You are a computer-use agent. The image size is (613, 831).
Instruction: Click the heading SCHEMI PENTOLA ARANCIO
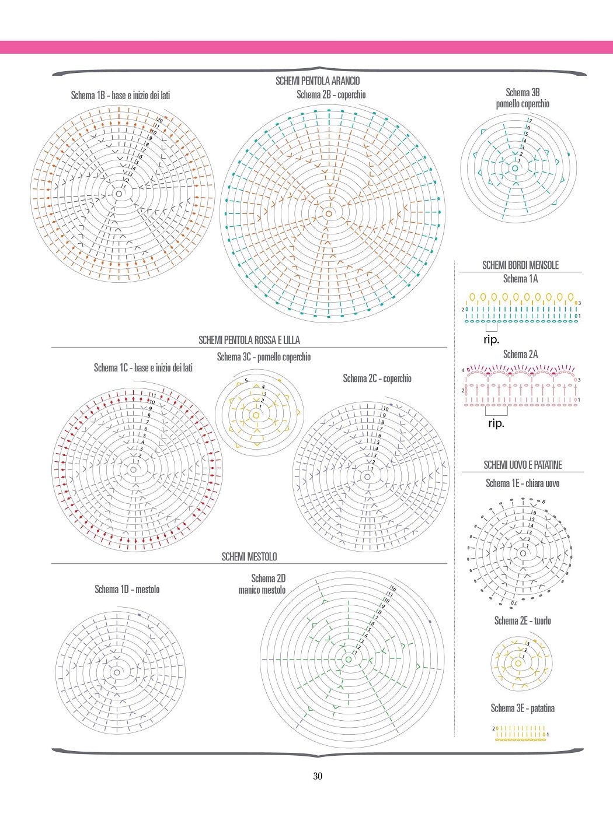coord(318,81)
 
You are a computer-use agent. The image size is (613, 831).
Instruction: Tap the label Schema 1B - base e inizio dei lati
coord(120,95)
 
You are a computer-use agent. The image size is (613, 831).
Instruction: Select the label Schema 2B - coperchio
coord(331,94)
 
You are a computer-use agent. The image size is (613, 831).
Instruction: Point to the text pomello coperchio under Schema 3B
coord(523,104)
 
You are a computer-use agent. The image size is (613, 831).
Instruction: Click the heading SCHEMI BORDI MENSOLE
coord(520,265)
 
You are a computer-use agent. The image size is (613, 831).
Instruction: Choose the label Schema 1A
coord(520,279)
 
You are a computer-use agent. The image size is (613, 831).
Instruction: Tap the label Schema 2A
coord(520,354)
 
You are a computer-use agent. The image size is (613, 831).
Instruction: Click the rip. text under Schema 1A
coord(492,339)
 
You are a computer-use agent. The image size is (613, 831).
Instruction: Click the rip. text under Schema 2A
coord(496,423)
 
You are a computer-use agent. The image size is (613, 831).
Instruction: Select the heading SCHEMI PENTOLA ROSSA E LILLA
coord(249,340)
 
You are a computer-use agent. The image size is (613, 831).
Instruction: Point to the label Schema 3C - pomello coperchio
coord(264,357)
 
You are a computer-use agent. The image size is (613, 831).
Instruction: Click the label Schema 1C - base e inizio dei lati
coord(143,368)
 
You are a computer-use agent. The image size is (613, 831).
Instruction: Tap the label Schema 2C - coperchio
coord(377,378)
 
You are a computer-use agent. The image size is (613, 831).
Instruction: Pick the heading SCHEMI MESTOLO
coord(249,557)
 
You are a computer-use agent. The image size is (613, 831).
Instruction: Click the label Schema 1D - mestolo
coord(127,590)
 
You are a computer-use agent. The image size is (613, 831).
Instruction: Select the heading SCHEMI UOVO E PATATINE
coord(523,465)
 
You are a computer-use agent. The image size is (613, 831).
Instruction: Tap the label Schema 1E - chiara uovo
coord(523,483)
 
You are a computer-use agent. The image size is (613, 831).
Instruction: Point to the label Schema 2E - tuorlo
coord(523,620)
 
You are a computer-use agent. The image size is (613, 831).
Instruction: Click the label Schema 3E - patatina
coord(523,708)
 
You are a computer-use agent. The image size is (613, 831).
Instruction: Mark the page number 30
coord(318,776)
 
